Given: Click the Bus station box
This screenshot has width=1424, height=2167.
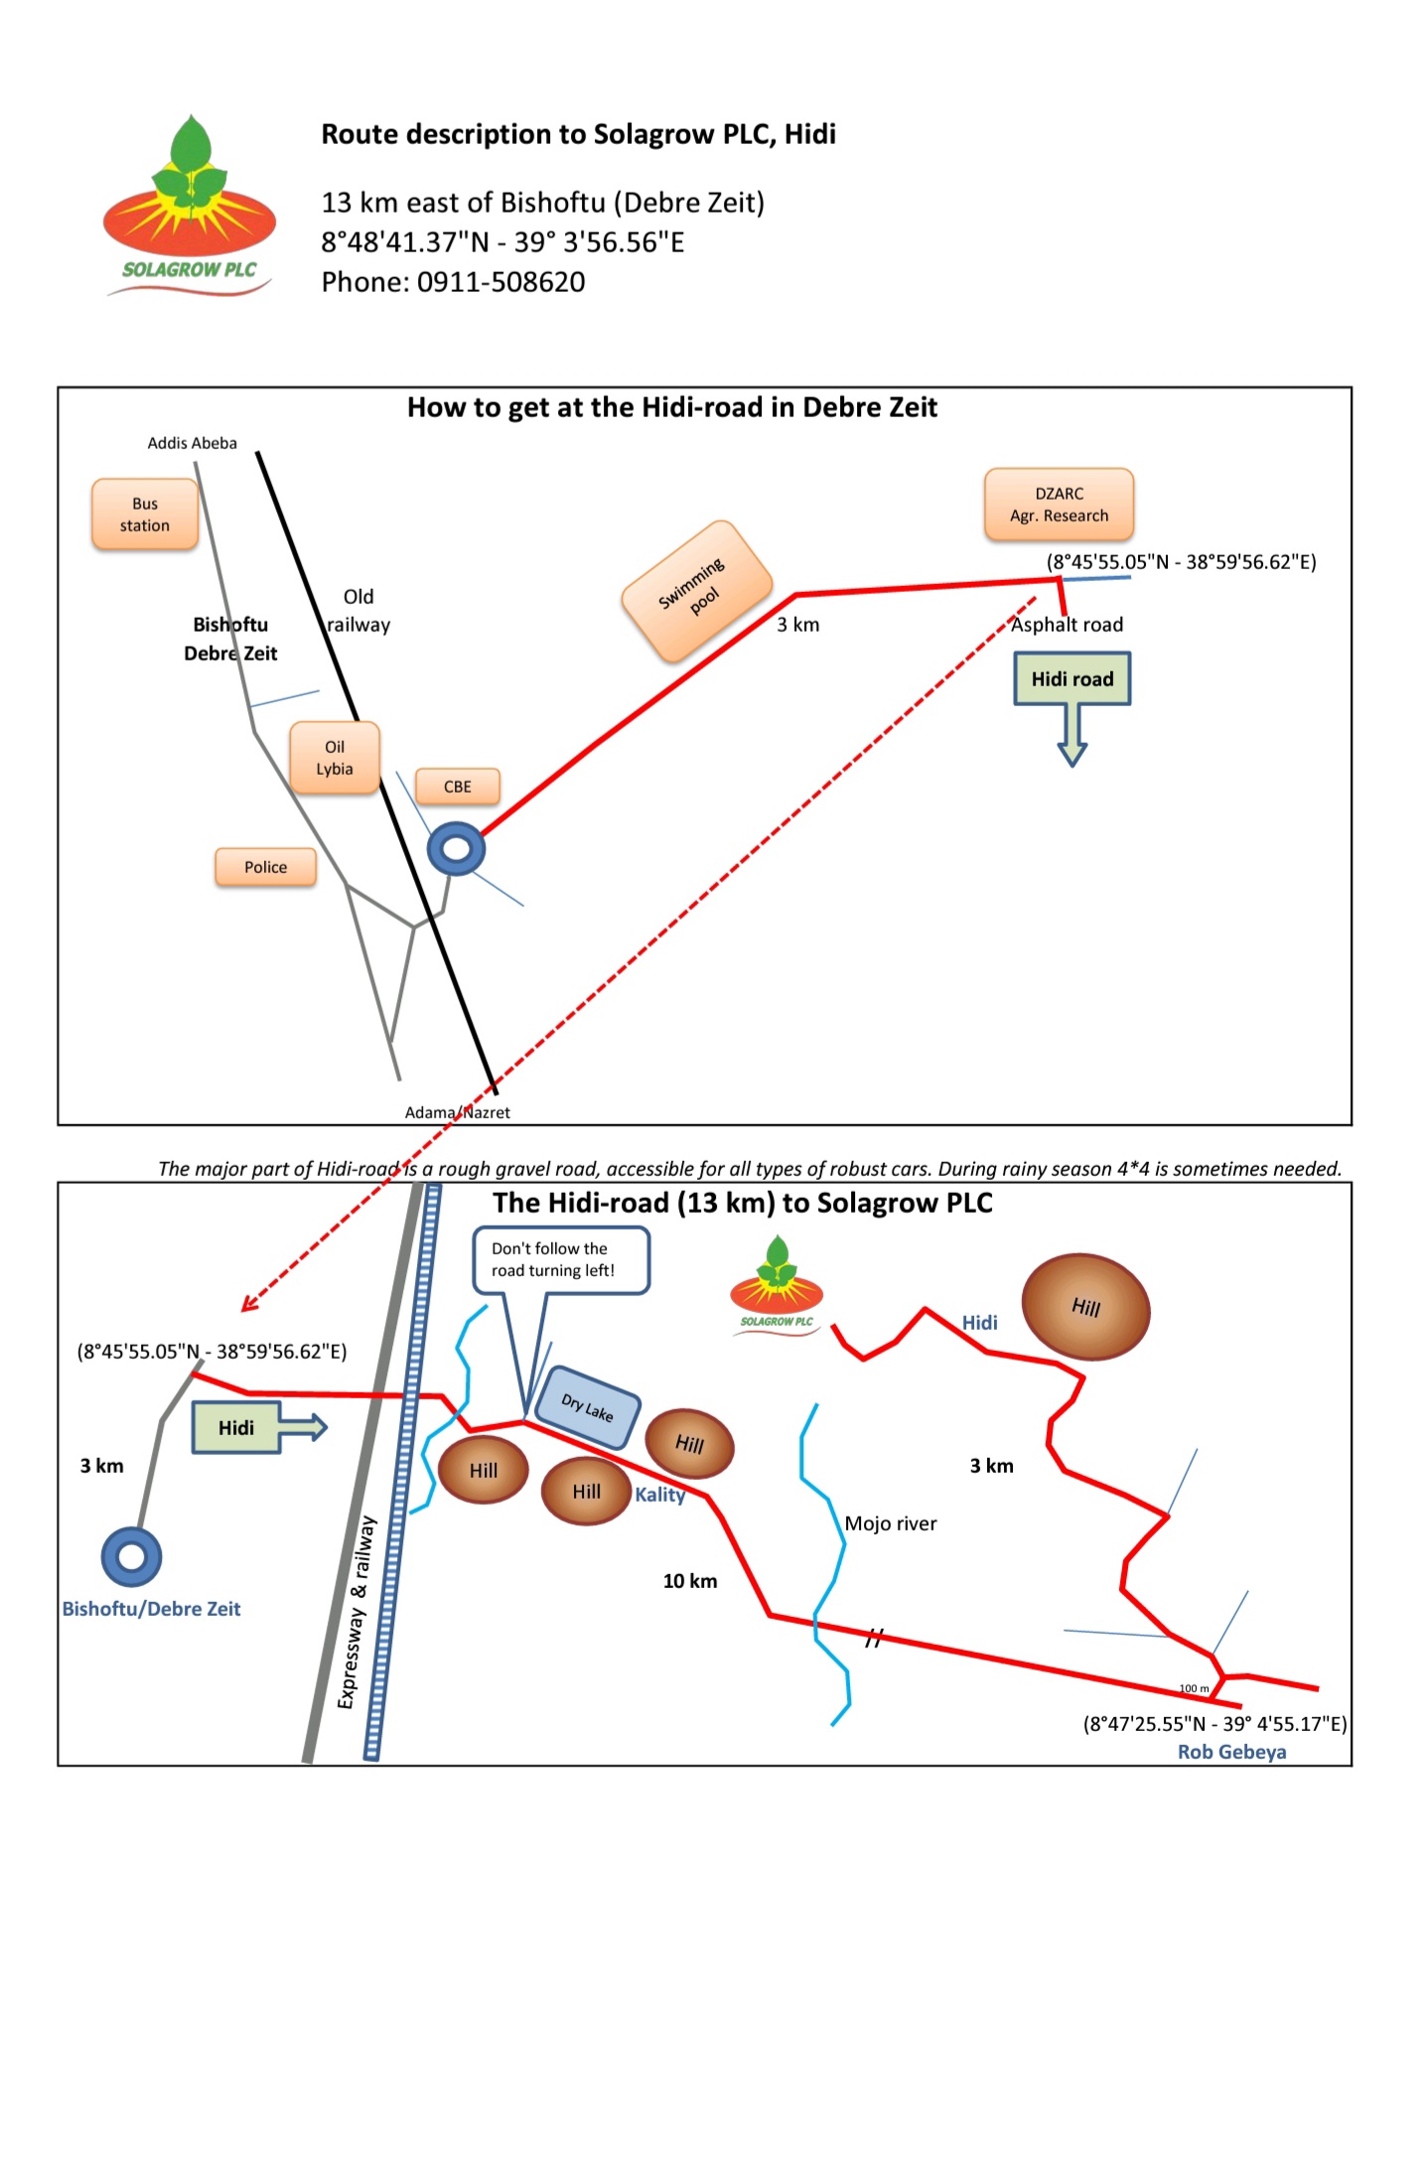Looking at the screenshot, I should tap(145, 514).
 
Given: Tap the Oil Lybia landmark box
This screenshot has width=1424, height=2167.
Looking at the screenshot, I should tap(335, 758).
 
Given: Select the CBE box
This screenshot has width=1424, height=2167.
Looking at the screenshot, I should tap(457, 787).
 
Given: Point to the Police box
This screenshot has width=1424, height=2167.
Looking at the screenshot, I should tap(265, 867).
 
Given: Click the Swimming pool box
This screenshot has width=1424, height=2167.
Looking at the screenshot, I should tap(696, 591).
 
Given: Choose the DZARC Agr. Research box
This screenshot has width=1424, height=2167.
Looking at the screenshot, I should tap(1059, 505).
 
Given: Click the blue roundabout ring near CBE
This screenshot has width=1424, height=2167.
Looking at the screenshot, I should tap(456, 849).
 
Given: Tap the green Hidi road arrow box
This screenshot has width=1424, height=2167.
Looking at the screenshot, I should tap(1071, 680).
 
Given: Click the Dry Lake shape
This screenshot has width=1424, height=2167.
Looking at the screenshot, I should tap(587, 1406).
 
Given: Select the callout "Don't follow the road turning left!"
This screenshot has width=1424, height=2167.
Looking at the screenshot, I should tap(560, 1260).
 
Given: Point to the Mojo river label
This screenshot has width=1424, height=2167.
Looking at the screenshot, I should tap(890, 1523).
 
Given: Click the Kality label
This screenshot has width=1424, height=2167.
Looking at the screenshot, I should tap(659, 1495).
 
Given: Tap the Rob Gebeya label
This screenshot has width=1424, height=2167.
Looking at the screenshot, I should tap(1231, 1752).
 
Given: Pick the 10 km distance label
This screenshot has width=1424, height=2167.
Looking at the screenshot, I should tap(689, 1581).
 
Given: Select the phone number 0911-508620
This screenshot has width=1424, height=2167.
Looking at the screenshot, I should tap(500, 282).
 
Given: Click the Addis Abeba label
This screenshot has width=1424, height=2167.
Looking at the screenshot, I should tap(192, 443).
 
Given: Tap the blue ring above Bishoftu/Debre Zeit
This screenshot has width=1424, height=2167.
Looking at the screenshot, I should tap(131, 1556).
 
